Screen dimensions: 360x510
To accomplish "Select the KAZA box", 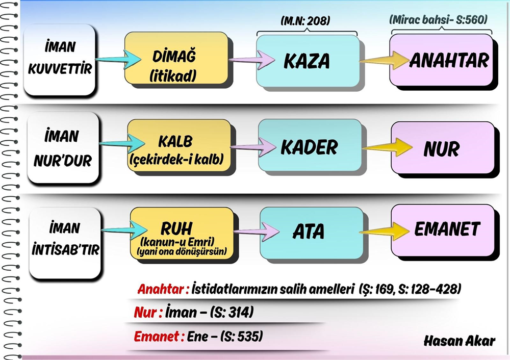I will click(x=307, y=61).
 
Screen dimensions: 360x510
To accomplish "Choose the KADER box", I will click(x=309, y=147).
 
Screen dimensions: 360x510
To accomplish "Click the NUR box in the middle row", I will click(x=442, y=149).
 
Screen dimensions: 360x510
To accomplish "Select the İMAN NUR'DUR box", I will click(x=62, y=148).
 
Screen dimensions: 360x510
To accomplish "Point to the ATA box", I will click(x=309, y=232).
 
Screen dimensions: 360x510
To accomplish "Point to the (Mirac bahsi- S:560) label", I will click(x=439, y=20).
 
